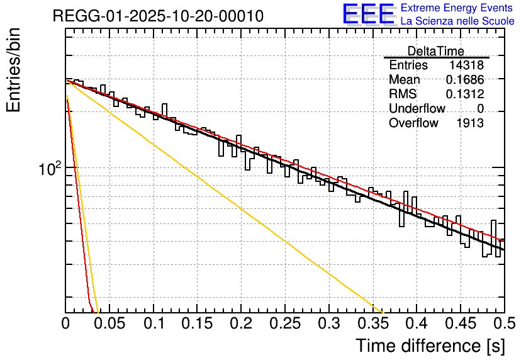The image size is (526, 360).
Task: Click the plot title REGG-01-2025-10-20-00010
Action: pos(158,16)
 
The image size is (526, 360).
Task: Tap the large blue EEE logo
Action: pos(367,14)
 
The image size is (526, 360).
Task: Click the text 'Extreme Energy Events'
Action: pos(457,8)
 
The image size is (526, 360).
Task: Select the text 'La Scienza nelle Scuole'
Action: pos(457,21)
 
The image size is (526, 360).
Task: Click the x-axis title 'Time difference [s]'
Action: pos(430,346)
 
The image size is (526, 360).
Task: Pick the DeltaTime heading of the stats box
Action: pos(435,51)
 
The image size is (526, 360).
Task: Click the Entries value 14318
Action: pos(466,65)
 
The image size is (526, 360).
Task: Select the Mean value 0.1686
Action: pos(464,80)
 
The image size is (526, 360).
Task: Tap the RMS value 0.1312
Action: pos(464,94)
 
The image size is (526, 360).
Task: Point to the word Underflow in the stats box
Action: pos(417,109)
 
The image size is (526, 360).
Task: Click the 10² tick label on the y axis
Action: pos(49,169)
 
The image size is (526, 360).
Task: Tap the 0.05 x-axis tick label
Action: pos(109,324)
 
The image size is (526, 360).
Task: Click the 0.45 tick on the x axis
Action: pos(461,324)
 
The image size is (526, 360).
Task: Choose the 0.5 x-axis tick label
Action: pos(504,324)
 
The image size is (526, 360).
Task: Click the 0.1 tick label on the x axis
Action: pos(154,324)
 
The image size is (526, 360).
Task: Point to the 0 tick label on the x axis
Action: pos(66,324)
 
